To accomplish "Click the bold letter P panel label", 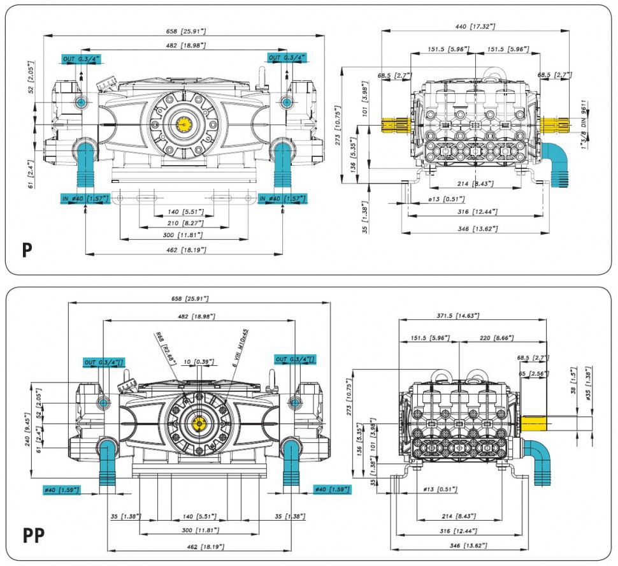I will (26, 250).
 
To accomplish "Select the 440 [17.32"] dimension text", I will (474, 26).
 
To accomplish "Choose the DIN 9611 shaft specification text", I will (582, 115).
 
